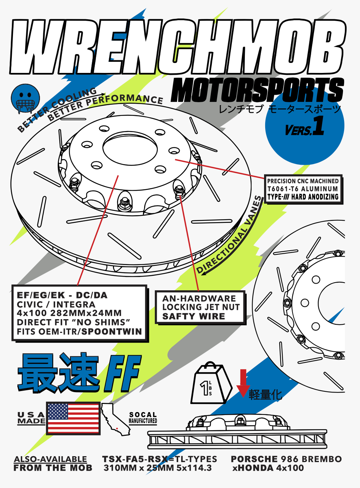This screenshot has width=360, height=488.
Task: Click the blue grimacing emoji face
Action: point(25,98)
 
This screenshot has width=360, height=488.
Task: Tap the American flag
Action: point(73,418)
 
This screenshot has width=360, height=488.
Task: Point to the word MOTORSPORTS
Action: point(257,90)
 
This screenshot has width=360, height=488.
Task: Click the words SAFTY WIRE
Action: point(194,316)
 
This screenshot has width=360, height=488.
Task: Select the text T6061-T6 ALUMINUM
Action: point(303,189)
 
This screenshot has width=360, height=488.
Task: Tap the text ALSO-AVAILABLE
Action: point(50,459)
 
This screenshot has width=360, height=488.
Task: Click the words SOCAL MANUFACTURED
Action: point(143,418)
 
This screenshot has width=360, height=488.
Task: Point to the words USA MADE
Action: point(31,418)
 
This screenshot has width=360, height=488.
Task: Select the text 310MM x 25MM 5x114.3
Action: point(158,468)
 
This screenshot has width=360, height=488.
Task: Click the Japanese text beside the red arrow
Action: point(265,395)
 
